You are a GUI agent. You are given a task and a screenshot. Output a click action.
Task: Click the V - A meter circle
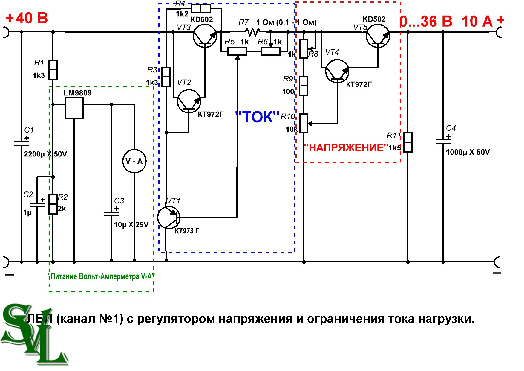click(x=134, y=161)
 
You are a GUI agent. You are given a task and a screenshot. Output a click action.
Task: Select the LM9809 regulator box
click(x=74, y=108)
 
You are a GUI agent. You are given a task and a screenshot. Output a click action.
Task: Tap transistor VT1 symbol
click(x=169, y=217)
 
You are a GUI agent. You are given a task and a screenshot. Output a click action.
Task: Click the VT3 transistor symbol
click(x=205, y=36)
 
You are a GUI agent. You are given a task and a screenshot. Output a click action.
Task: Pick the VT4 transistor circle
click(x=337, y=71)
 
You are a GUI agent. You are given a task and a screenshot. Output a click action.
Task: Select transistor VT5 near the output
click(x=378, y=36)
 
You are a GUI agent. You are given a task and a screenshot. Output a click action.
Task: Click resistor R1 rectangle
click(x=53, y=70)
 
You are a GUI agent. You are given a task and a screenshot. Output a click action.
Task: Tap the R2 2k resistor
click(x=53, y=204)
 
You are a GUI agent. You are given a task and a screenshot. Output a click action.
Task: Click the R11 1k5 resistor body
click(x=408, y=142)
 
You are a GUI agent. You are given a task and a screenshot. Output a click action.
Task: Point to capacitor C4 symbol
click(x=443, y=141)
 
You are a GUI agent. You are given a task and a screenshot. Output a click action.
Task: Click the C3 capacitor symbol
click(x=111, y=213)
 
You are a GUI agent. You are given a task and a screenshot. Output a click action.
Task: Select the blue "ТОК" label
click(x=257, y=117)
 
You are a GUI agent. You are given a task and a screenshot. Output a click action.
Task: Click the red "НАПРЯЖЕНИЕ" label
click(x=346, y=148)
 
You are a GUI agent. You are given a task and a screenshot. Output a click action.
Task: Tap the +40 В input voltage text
click(x=27, y=18)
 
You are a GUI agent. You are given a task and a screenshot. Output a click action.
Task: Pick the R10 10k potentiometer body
click(x=304, y=123)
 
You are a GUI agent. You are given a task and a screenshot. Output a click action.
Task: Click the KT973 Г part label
click(x=187, y=231)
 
